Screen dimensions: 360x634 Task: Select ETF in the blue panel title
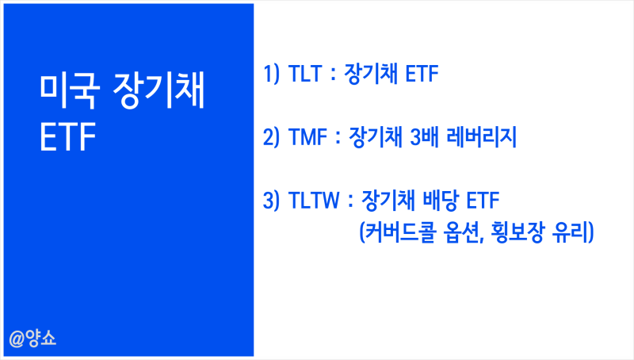[68, 138]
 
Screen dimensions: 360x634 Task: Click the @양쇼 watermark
[33, 339]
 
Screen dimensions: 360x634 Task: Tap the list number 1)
[273, 76]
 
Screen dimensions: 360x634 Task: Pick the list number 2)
[273, 138]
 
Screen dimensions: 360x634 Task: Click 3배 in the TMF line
[422, 138]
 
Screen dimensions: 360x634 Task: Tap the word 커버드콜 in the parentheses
[395, 234]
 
